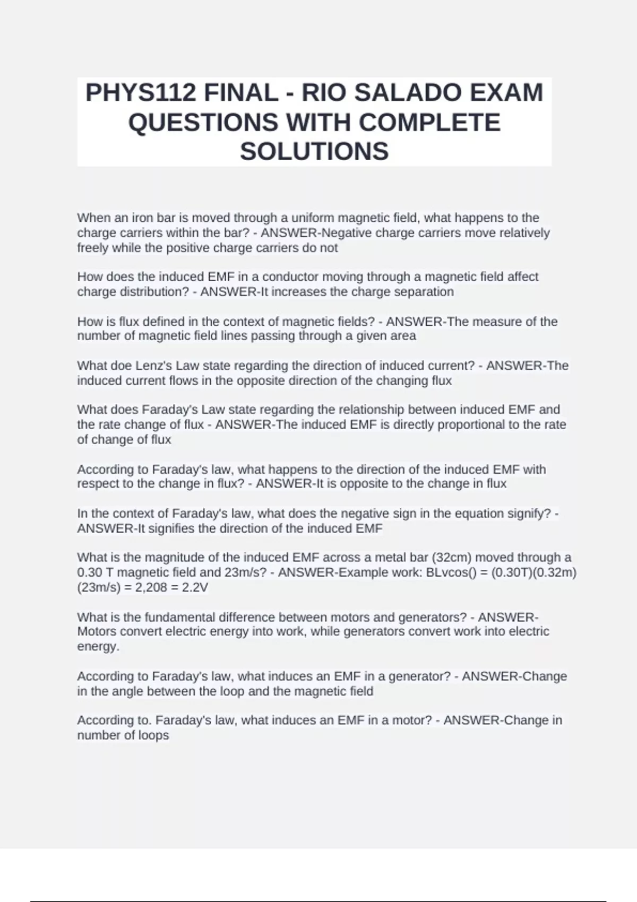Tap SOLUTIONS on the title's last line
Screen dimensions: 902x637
314,152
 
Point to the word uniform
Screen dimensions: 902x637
313,218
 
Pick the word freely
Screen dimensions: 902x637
92,248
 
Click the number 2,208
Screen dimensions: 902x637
149,587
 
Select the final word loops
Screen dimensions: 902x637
153,735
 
